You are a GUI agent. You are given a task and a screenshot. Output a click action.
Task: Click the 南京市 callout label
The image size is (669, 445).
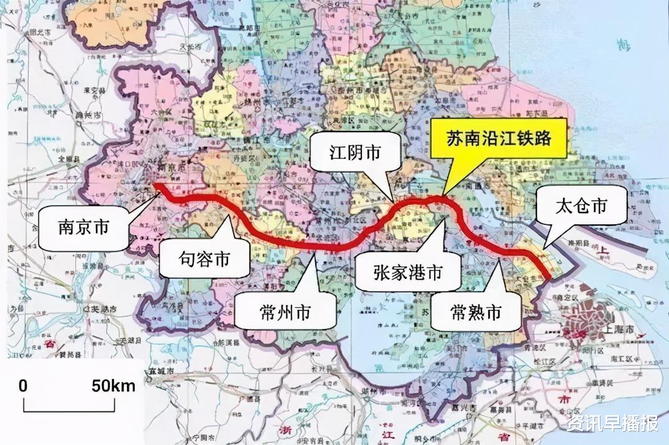pos(83,227)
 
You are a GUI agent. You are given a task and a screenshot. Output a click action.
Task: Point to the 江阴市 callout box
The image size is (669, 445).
pos(355,153)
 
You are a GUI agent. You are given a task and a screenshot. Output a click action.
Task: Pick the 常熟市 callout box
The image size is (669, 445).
pos(476,312)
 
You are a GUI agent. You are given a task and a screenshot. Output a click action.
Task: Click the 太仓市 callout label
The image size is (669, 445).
pos(581,206)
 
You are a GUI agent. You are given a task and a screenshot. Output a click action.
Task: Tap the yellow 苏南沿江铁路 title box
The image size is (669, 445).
pos(498,138)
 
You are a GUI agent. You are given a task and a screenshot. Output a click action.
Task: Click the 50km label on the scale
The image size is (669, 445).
pos(113,386)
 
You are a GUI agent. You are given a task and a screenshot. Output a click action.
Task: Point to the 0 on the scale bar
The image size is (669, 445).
pos(23,386)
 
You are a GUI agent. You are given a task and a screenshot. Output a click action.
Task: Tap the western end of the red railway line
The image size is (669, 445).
pos(156,185)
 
